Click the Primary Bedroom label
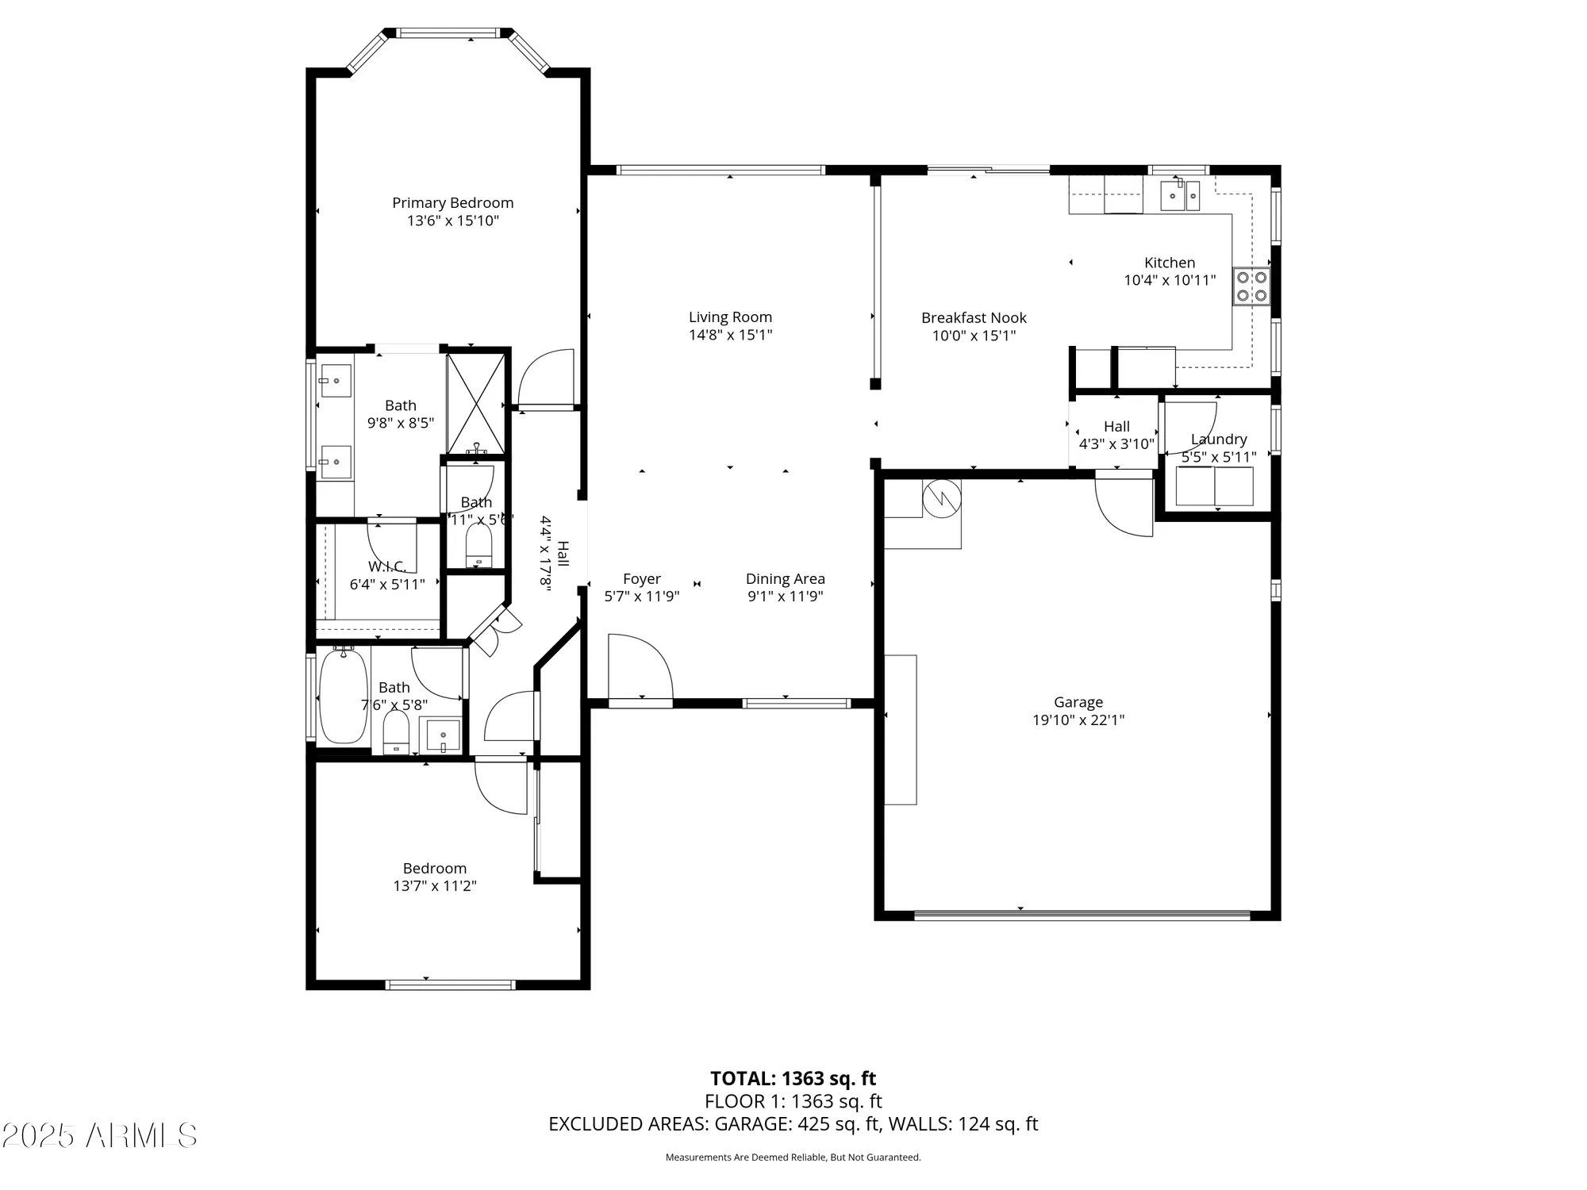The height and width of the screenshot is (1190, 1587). click(x=452, y=203)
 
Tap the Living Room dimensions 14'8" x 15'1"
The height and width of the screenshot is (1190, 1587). click(x=730, y=335)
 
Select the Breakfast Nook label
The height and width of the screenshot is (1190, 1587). click(x=974, y=318)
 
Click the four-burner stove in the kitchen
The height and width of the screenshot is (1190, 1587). click(x=1251, y=286)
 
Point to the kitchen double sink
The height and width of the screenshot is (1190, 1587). click(x=1179, y=195)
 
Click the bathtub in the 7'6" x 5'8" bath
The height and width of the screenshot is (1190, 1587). click(x=343, y=696)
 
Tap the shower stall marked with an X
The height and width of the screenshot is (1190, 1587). click(x=476, y=404)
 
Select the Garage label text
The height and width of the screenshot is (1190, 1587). click(x=1078, y=702)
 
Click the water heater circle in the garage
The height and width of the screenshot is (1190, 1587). click(x=942, y=499)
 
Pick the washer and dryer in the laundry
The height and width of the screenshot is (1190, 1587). click(x=1214, y=486)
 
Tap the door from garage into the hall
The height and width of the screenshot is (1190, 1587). click(x=1124, y=505)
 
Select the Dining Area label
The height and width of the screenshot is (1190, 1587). click(x=785, y=579)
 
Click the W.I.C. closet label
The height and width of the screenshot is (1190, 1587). click(x=387, y=566)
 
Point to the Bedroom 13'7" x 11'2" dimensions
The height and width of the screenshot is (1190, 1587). click(x=434, y=886)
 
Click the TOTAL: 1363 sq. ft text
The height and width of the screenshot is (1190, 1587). click(x=793, y=1079)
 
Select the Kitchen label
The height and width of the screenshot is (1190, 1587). click(x=1169, y=263)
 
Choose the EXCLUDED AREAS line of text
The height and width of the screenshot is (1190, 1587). click(x=793, y=1124)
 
